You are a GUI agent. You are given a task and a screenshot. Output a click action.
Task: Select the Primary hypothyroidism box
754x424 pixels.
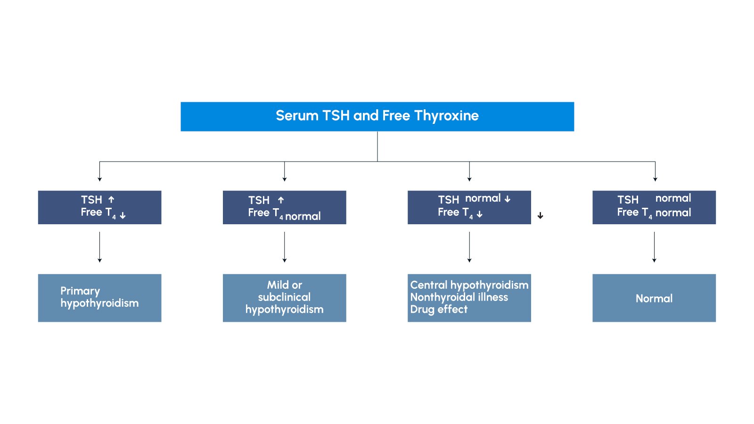[x=99, y=298]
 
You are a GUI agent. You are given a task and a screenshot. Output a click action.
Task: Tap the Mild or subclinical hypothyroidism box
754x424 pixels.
[x=284, y=298]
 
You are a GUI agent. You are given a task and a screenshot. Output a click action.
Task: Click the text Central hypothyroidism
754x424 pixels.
[x=469, y=285]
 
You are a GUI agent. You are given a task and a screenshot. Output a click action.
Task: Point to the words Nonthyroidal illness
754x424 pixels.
[x=459, y=297]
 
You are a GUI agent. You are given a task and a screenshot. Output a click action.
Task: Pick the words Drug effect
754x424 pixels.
[x=439, y=310]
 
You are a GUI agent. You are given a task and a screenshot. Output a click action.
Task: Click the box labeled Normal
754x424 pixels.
[x=654, y=298]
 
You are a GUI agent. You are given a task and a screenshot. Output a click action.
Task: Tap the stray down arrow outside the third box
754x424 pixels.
[x=541, y=216]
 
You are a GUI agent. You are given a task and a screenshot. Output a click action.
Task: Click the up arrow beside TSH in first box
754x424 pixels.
[x=111, y=200]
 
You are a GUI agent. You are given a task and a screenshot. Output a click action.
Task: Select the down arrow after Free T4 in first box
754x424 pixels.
[x=123, y=215]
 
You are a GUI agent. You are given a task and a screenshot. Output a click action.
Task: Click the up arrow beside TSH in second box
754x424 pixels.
[x=281, y=200]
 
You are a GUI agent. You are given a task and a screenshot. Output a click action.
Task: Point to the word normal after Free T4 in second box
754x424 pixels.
[x=303, y=216]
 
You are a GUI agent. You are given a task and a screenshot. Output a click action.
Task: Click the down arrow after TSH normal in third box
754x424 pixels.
[x=508, y=199]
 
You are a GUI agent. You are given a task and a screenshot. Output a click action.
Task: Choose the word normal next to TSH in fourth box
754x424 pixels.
[x=673, y=198]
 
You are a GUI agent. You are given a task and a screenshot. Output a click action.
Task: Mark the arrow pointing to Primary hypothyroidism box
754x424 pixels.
[x=99, y=247]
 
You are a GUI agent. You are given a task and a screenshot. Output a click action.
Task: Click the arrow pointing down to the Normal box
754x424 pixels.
[x=654, y=247]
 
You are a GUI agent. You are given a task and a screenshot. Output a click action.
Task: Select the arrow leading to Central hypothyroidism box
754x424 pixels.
[x=469, y=247]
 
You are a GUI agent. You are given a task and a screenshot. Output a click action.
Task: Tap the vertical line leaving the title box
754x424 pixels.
[x=377, y=146]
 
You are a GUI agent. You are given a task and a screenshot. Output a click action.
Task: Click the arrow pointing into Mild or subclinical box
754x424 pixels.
[x=285, y=247]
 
